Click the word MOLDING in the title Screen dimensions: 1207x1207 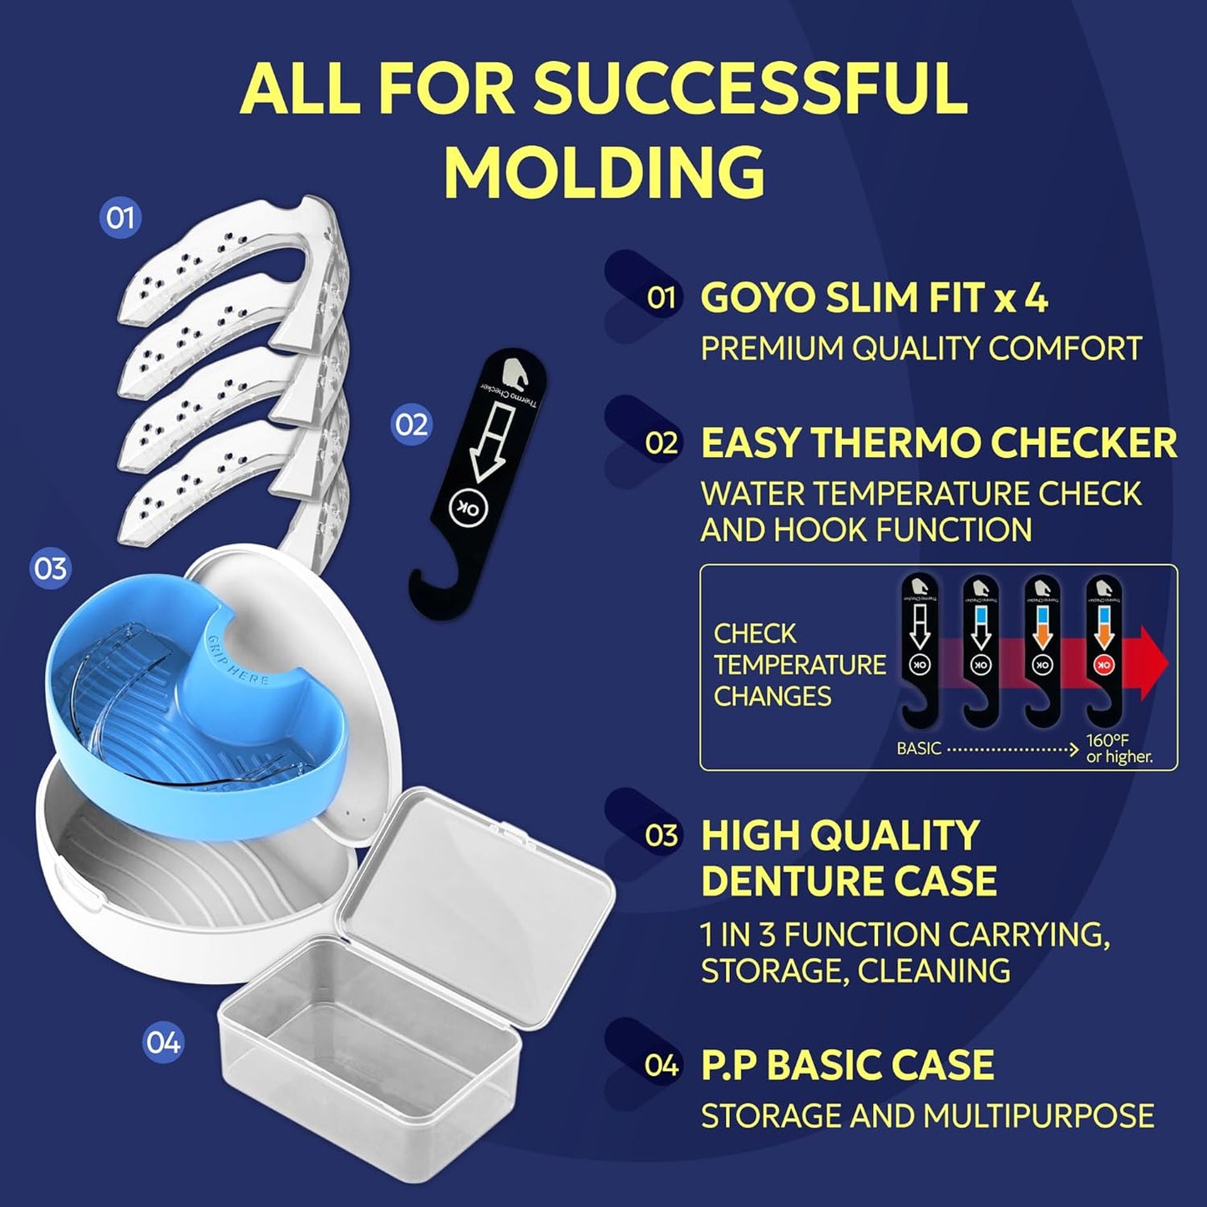(603, 171)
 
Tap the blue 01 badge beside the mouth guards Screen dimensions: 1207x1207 (120, 218)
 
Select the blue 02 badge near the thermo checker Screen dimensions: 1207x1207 (411, 424)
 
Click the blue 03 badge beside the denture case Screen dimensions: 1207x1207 (50, 569)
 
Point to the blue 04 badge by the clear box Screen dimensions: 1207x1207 (163, 1042)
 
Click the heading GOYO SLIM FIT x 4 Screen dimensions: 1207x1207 (874, 298)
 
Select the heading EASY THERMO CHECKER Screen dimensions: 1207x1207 (938, 443)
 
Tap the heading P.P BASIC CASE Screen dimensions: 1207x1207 (847, 1065)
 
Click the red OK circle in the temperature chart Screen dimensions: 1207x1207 (1103, 665)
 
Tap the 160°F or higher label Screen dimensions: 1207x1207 (1118, 749)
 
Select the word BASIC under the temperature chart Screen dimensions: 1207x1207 (919, 749)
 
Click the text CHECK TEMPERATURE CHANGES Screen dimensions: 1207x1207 (799, 665)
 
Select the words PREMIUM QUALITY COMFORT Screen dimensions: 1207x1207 (920, 348)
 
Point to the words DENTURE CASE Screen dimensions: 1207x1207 (849, 880)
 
